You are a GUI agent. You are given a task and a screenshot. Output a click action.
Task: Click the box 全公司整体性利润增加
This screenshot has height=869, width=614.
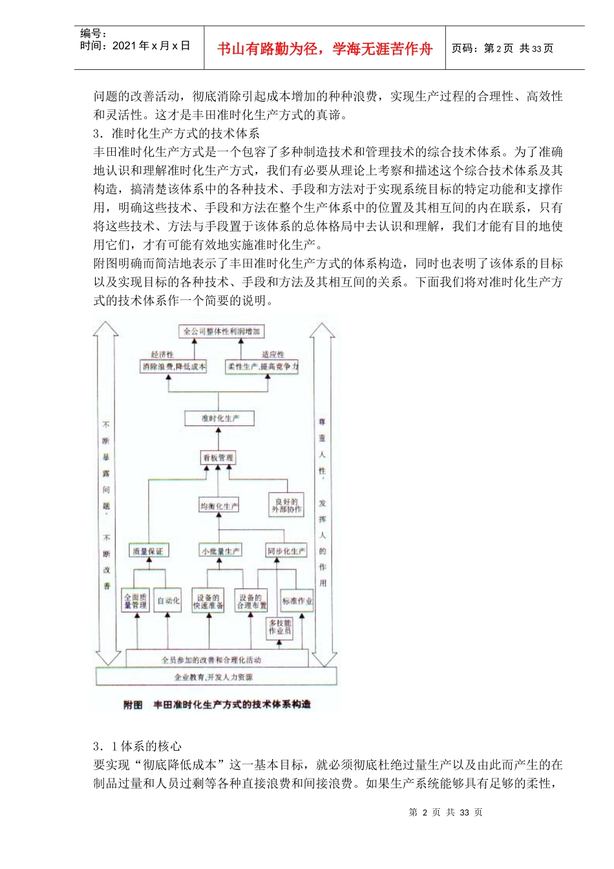pyautogui.click(x=221, y=332)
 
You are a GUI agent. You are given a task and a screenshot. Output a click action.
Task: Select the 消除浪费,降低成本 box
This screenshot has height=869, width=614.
pyautogui.click(x=174, y=367)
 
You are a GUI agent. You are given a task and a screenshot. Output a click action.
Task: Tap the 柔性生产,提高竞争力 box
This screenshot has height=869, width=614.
pyautogui.click(x=262, y=367)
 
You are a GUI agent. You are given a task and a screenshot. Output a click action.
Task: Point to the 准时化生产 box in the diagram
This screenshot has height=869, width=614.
pyautogui.click(x=220, y=418)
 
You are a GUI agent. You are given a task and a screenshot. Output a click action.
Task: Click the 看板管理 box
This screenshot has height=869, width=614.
pyautogui.click(x=218, y=458)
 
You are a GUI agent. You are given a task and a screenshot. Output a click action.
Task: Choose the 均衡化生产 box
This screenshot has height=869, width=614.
pyautogui.click(x=219, y=506)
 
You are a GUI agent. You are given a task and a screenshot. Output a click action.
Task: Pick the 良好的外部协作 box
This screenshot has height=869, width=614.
pyautogui.click(x=286, y=505)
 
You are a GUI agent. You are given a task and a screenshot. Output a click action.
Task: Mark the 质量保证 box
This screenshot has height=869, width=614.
pyautogui.click(x=148, y=552)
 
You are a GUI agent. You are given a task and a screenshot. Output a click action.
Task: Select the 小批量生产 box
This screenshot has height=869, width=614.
pyautogui.click(x=220, y=552)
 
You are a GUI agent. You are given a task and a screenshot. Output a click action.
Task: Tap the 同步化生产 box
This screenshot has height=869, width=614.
pyautogui.click(x=286, y=552)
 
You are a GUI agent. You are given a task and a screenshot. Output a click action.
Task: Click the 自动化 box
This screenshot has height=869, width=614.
pyautogui.click(x=169, y=601)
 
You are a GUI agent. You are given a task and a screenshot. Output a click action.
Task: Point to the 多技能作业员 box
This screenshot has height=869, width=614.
pyautogui.click(x=280, y=627)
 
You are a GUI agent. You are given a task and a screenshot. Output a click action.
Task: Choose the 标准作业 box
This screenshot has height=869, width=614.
pyautogui.click(x=297, y=601)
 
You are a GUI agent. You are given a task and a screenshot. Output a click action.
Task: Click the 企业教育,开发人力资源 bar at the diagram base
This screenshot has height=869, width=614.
pyautogui.click(x=215, y=677)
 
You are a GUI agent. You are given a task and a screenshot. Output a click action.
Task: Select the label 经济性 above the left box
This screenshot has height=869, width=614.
pyautogui.click(x=162, y=354)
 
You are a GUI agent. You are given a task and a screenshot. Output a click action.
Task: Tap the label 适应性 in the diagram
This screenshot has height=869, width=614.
pyautogui.click(x=273, y=354)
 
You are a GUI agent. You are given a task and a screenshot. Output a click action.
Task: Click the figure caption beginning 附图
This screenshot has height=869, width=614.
pyautogui.click(x=217, y=704)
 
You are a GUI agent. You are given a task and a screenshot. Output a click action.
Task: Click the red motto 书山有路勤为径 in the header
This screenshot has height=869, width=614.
pyautogui.click(x=325, y=49)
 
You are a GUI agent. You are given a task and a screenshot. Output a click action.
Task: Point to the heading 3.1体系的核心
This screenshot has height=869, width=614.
pyautogui.click(x=138, y=746)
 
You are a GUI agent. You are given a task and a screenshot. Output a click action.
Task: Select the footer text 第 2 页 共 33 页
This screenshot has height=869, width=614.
pyautogui.click(x=446, y=813)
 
